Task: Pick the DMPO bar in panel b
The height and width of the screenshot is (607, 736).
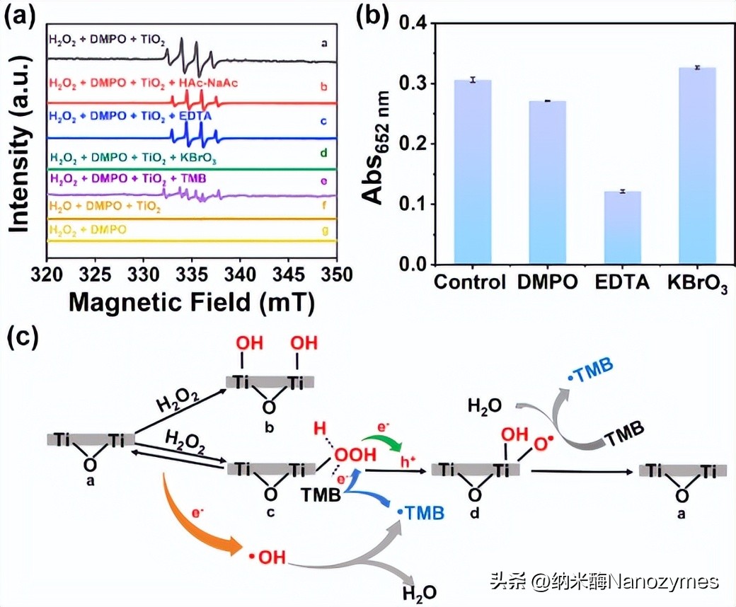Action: click(545, 183)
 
